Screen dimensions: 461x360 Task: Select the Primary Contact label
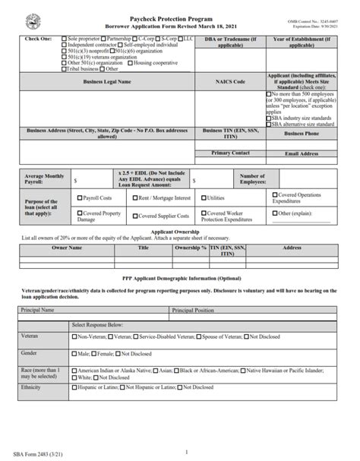pyautogui.click(x=230, y=153)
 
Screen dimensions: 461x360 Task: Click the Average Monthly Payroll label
pyautogui.click(x=45, y=178)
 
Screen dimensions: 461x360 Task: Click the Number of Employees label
pyautogui.click(x=252, y=178)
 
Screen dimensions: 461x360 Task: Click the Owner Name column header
pyautogui.click(x=66, y=248)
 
